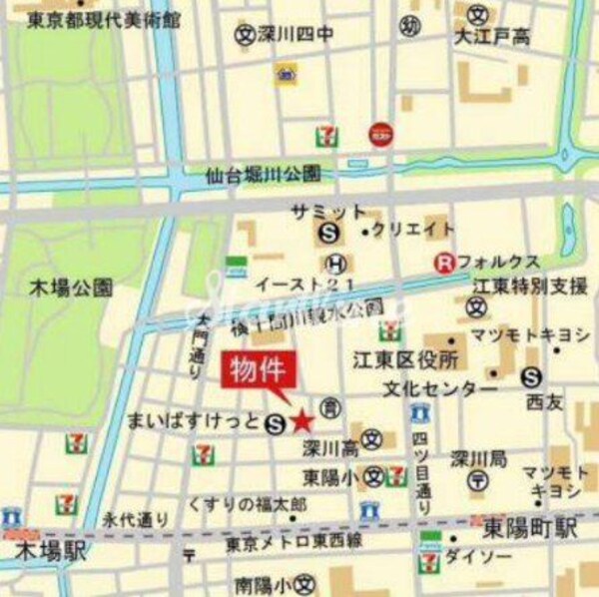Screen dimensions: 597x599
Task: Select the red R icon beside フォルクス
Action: tap(442, 263)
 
